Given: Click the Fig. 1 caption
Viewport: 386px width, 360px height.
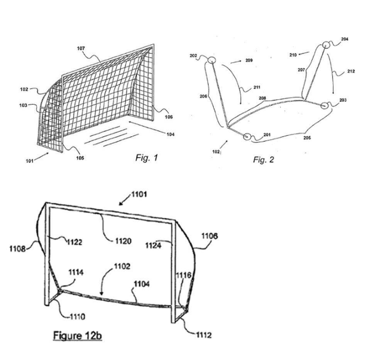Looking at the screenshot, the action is pyautogui.click(x=146, y=158).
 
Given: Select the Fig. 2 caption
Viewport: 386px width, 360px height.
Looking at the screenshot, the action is pyautogui.click(x=263, y=160).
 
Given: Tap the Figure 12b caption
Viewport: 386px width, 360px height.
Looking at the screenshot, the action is pyautogui.click(x=78, y=336).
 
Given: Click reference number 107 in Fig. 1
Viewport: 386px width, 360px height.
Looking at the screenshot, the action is pyautogui.click(x=81, y=49).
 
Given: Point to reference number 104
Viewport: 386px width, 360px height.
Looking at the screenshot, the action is pyautogui.click(x=170, y=134).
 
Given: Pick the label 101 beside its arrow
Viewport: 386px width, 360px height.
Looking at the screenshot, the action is pyautogui.click(x=29, y=161).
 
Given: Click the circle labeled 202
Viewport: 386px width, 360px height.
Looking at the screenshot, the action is pyautogui.click(x=212, y=60).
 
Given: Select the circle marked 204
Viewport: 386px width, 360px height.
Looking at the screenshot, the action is pyautogui.click(x=326, y=45).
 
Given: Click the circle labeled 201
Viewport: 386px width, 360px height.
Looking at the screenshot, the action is pyautogui.click(x=247, y=136).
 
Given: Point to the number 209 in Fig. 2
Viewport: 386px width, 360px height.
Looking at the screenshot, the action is pyautogui.click(x=249, y=60).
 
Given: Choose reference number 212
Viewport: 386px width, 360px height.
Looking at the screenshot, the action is pyautogui.click(x=351, y=71).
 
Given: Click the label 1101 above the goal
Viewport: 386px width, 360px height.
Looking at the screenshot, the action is pyautogui.click(x=139, y=194).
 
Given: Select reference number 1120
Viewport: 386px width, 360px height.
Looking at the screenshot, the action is pyautogui.click(x=124, y=241).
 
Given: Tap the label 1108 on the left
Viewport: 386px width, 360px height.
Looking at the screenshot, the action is pyautogui.click(x=17, y=249).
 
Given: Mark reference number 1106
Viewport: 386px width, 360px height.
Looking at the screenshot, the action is pyautogui.click(x=210, y=236).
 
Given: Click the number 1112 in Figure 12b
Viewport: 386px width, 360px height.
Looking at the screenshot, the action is pyautogui.click(x=204, y=335).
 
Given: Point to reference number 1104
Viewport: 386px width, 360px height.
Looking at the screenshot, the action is pyautogui.click(x=142, y=284).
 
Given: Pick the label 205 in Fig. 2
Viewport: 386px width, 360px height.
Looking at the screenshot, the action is pyautogui.click(x=307, y=138).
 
